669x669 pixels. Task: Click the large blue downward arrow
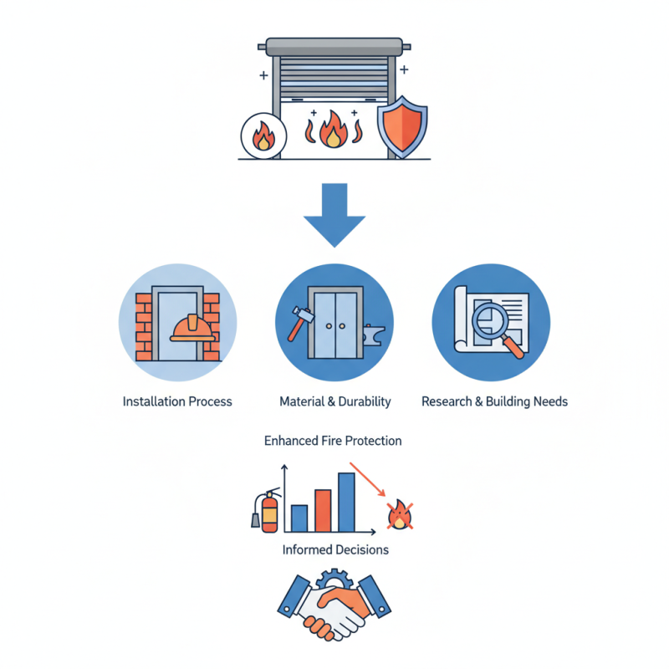click(334, 215)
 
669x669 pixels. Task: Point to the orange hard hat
click(192, 327)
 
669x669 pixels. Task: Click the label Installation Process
click(177, 401)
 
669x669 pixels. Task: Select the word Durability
click(364, 401)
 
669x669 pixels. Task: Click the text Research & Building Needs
click(494, 401)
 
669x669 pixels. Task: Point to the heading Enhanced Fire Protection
click(333, 440)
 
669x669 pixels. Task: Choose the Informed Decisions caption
click(335, 549)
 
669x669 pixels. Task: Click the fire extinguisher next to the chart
click(268, 509)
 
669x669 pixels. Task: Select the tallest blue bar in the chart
click(346, 502)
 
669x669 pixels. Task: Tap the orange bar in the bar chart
click(323, 510)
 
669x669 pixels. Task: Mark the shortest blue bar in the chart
click(299, 518)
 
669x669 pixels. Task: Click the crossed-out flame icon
click(399, 516)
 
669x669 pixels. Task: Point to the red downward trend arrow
click(369, 481)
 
